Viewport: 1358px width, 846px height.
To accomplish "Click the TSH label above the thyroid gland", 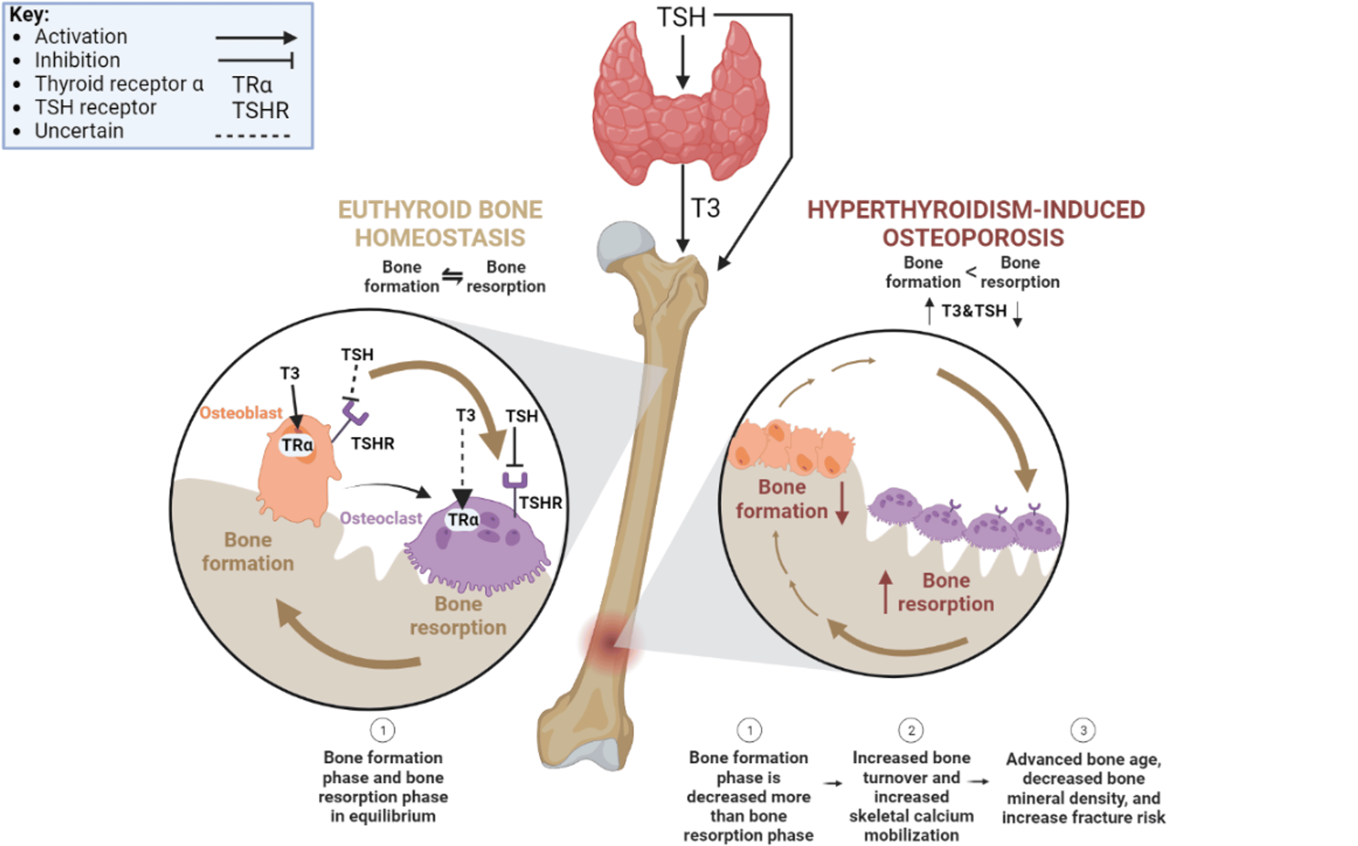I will [681, 17].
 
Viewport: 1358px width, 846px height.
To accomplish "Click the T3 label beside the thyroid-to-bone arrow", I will [706, 209].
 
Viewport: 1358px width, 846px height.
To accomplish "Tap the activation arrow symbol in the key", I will [256, 38].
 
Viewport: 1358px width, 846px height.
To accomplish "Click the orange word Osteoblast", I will [241, 413].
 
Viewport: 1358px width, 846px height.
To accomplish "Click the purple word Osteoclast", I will [381, 518].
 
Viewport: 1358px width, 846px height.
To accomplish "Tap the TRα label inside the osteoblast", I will [296, 445].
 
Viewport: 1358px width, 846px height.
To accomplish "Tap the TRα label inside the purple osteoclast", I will [463, 520].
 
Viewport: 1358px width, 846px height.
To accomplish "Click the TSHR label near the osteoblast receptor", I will [373, 444].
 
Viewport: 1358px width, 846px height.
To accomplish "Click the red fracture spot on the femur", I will [610, 642].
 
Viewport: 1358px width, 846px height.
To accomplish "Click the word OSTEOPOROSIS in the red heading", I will [973, 238].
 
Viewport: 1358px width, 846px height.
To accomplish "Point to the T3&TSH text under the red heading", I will [974, 311].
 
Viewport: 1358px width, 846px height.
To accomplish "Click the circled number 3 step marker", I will [1083, 730].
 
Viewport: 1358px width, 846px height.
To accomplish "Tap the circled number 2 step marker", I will [911, 730].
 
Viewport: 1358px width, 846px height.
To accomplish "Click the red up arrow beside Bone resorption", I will [885, 592].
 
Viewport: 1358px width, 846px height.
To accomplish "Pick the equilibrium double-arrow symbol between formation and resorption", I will [452, 276].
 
